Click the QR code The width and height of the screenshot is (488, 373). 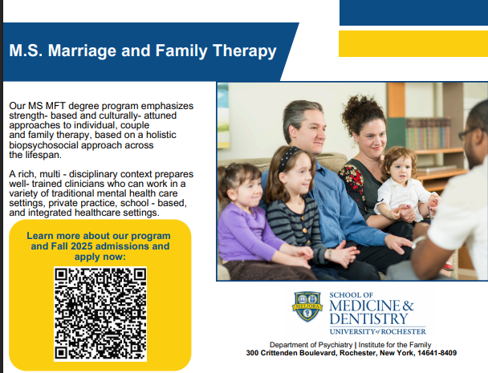100,314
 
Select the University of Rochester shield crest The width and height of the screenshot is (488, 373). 307,306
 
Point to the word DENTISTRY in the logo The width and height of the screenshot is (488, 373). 368,319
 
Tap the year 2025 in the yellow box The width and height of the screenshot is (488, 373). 82,246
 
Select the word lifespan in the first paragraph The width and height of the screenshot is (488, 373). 43,155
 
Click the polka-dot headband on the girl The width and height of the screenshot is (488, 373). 288,158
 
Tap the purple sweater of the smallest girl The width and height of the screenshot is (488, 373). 246,229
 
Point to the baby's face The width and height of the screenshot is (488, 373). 400,171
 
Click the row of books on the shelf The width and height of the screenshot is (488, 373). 429,133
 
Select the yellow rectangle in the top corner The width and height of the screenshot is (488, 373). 413,43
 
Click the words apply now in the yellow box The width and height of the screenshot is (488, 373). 100,257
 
